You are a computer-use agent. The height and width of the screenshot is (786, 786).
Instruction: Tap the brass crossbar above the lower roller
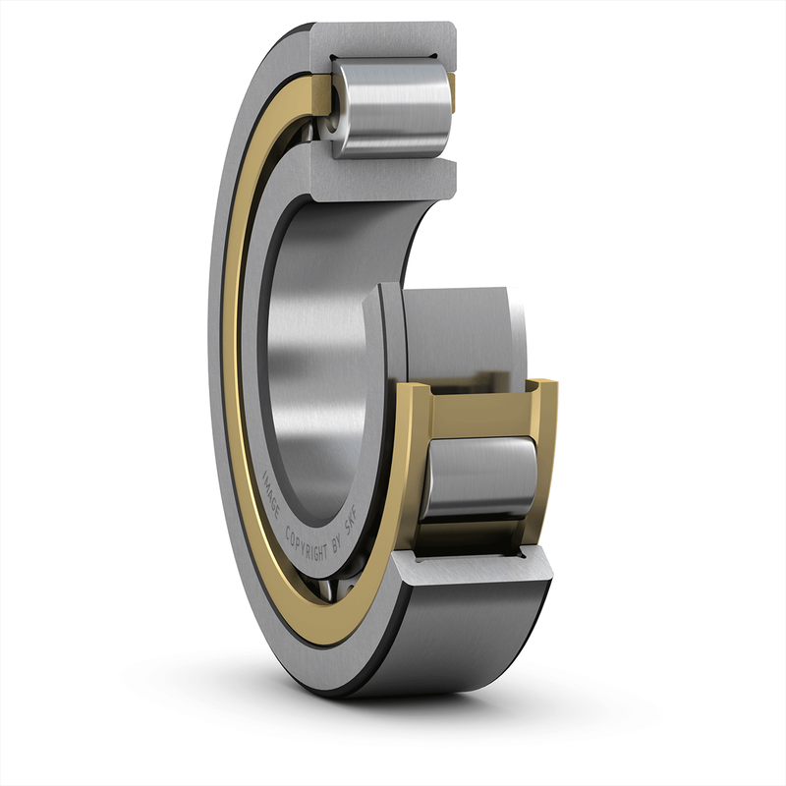[x=481, y=413]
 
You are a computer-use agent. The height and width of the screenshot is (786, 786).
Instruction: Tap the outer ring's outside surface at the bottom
[x=462, y=639]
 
